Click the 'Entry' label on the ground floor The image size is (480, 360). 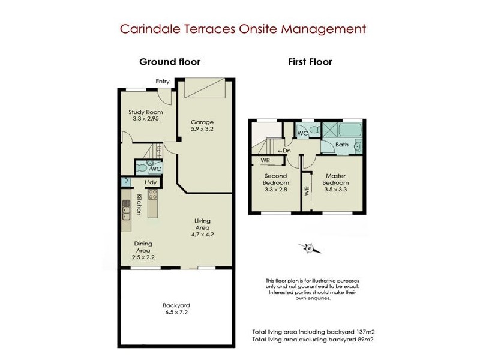(x=163, y=82)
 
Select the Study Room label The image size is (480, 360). (x=146, y=112)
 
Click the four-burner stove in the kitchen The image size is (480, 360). (x=152, y=194)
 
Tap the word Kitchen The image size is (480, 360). (x=139, y=205)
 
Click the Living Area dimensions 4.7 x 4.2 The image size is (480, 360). (x=202, y=235)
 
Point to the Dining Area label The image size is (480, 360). (x=143, y=247)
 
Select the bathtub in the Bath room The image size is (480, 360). (x=350, y=130)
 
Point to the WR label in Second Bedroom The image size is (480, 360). (x=265, y=160)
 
